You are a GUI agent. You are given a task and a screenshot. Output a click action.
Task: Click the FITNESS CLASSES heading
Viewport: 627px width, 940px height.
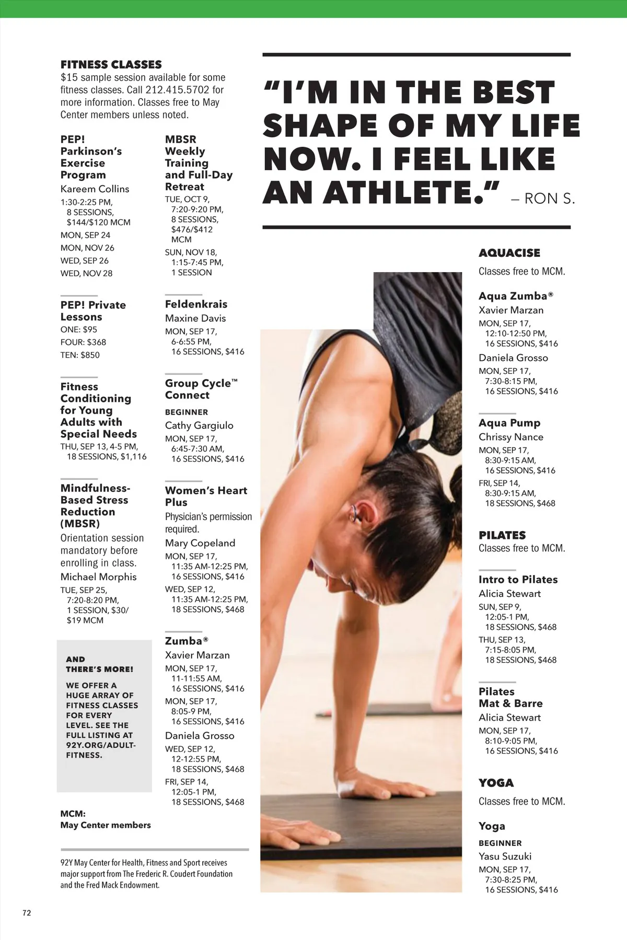coord(111,65)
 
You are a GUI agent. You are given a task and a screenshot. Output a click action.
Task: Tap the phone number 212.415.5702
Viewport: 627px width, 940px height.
coord(178,90)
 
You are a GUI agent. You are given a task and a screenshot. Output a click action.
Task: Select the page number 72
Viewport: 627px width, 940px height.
coord(27,913)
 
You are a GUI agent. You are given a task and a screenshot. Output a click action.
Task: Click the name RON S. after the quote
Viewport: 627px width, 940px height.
coord(549,199)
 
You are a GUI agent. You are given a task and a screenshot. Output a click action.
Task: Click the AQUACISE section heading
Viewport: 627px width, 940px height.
coord(509,253)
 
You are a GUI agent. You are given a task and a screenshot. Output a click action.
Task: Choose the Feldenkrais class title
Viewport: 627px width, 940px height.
coord(196,304)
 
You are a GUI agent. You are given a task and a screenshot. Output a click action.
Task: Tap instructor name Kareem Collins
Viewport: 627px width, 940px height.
coord(95,189)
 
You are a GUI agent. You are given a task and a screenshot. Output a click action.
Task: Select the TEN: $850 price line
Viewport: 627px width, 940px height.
coord(80,355)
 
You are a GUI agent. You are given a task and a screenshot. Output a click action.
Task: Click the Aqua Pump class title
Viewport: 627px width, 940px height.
coord(509,423)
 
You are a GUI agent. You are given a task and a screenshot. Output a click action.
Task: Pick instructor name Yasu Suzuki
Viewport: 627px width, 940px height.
coord(505,856)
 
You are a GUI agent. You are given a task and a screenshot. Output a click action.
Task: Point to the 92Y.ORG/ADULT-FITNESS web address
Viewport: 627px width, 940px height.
coord(100,750)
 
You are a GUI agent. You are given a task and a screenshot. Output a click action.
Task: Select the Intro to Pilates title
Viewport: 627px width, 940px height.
coord(518,580)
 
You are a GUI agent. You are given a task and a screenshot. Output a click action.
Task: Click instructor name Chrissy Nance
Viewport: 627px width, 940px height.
coord(510,437)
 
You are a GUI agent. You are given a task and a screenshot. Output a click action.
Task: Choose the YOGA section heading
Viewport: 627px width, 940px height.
coord(496,783)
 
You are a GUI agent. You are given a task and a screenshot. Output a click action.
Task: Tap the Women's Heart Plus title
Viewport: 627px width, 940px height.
coord(206,496)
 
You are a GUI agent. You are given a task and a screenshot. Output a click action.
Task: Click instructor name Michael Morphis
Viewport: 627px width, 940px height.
coord(98,577)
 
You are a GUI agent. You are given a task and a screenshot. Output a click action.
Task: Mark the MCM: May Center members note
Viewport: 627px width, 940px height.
coord(105,819)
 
